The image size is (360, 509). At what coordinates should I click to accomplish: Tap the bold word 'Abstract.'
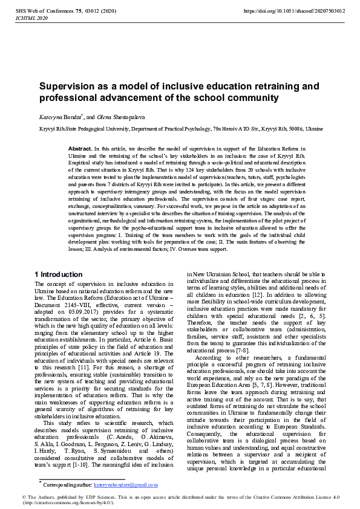pos(80,148)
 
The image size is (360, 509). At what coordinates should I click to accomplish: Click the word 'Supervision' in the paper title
pos(68,86)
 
